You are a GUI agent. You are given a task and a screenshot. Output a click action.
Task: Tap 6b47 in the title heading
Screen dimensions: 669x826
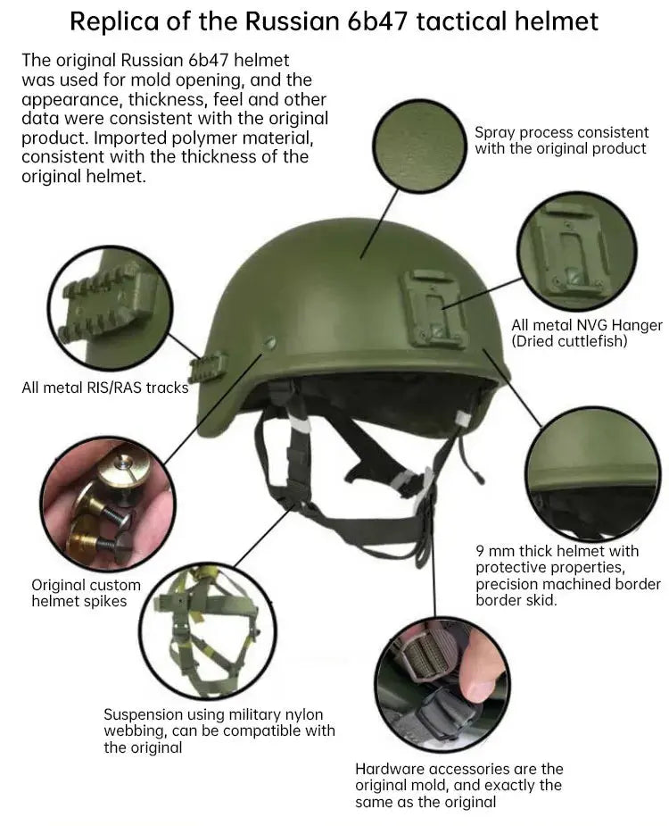pyautogui.click(x=375, y=21)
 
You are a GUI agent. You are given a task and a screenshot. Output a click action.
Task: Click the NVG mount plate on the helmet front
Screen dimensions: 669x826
pyautogui.click(x=434, y=309)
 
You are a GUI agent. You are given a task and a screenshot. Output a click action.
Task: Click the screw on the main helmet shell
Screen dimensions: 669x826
pyautogui.click(x=270, y=343)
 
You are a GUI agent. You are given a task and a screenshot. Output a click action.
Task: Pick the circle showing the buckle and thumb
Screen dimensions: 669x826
pyautogui.click(x=442, y=683)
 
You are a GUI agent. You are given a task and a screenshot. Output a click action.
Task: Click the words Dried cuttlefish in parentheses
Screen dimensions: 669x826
pyautogui.click(x=569, y=341)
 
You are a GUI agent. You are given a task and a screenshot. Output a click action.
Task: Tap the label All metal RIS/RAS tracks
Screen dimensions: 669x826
pyautogui.click(x=105, y=388)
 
